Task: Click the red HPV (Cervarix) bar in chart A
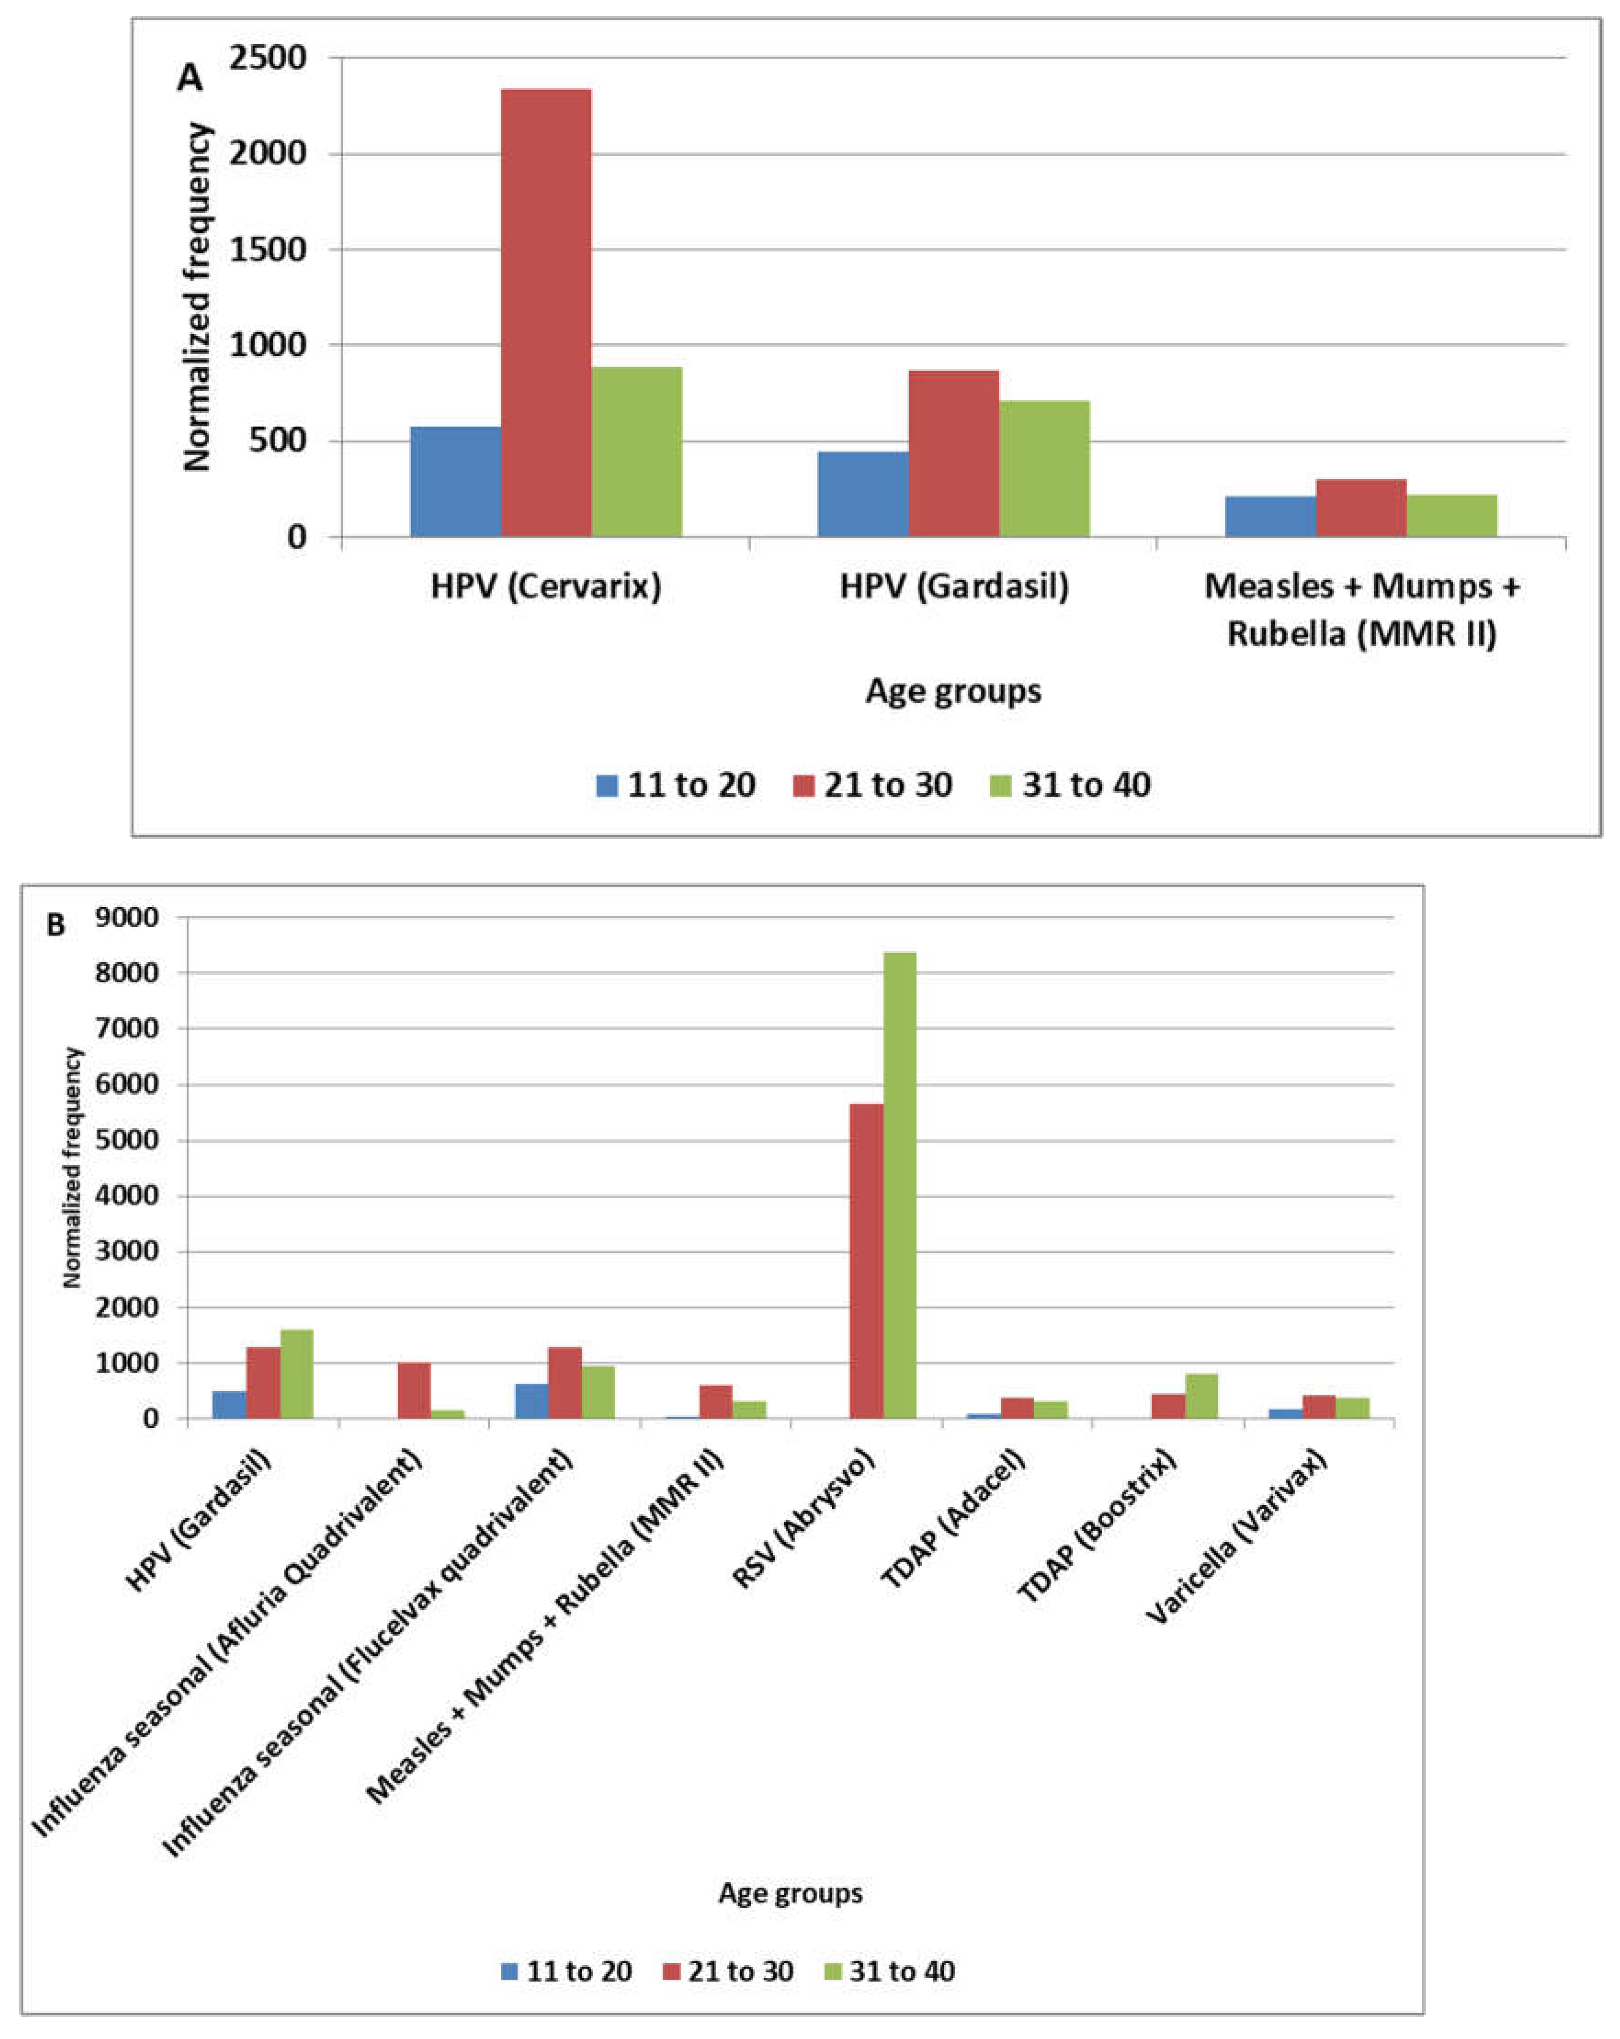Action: (x=546, y=312)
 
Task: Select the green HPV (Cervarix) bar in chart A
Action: (x=636, y=452)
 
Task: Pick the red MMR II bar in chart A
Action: (x=1361, y=508)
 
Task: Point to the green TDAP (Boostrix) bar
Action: (x=1201, y=1395)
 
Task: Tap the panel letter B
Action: (x=56, y=925)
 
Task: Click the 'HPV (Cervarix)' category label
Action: (x=546, y=586)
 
